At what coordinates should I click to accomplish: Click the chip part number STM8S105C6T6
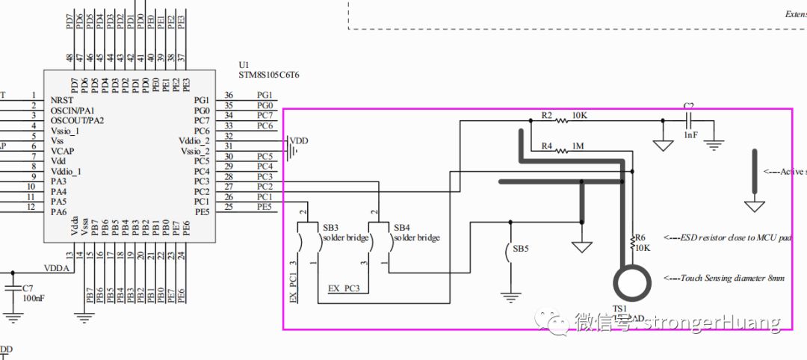pos(268,75)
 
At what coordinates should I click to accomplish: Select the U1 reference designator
pos(244,65)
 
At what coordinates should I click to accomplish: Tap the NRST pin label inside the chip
pos(63,99)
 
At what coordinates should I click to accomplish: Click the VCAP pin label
pos(63,150)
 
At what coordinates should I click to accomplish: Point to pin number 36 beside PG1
pos(229,95)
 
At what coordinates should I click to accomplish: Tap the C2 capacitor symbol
pos(690,120)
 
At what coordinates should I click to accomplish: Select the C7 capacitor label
pos(28,288)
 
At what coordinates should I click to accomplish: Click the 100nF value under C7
pos(32,299)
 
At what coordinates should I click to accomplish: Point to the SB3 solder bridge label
pos(330,227)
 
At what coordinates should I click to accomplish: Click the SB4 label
pos(402,227)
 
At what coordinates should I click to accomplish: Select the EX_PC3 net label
pos(344,288)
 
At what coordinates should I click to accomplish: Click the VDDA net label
pos(57,268)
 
